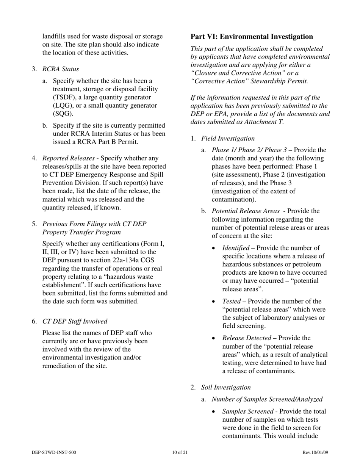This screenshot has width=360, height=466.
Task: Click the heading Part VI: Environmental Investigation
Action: tap(252, 37)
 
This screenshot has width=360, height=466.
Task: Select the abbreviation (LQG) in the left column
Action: tap(63, 106)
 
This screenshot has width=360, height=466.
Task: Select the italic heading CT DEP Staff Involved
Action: tap(75, 321)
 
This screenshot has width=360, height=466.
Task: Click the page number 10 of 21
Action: tap(180, 452)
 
